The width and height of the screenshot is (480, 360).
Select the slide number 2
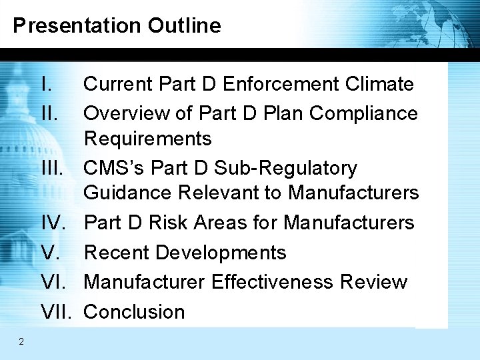coord(21,342)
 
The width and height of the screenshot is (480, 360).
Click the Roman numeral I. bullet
coord(47,85)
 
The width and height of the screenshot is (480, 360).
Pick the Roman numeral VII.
coord(57,311)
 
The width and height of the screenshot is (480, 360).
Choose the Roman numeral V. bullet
coord(50,253)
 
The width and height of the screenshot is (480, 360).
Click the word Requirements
coord(147,139)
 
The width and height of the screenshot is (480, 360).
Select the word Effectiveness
coord(272,282)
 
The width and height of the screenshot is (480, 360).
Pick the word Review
coord(374,282)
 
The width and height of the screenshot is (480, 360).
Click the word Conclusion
coord(134,311)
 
